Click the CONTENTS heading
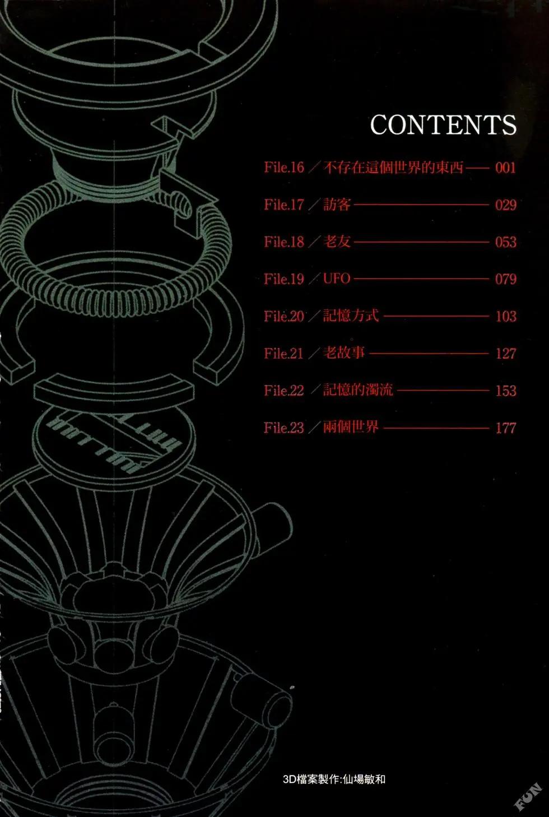pos(443,124)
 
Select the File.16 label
pos(284,168)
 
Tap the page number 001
pos(505,168)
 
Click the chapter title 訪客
pos(337,205)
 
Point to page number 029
pos(506,205)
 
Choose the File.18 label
pos(284,242)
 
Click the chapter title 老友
pos(337,242)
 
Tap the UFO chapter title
pos(337,278)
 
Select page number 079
pos(506,279)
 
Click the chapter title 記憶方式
pos(351,316)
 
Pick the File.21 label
pos(283,354)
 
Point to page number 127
pos(506,354)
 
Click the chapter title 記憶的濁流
pos(358,390)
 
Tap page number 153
pos(506,391)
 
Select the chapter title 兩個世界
pos(351,427)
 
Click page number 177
pos(506,428)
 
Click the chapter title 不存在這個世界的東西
pos(394,168)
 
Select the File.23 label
pos(284,428)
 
